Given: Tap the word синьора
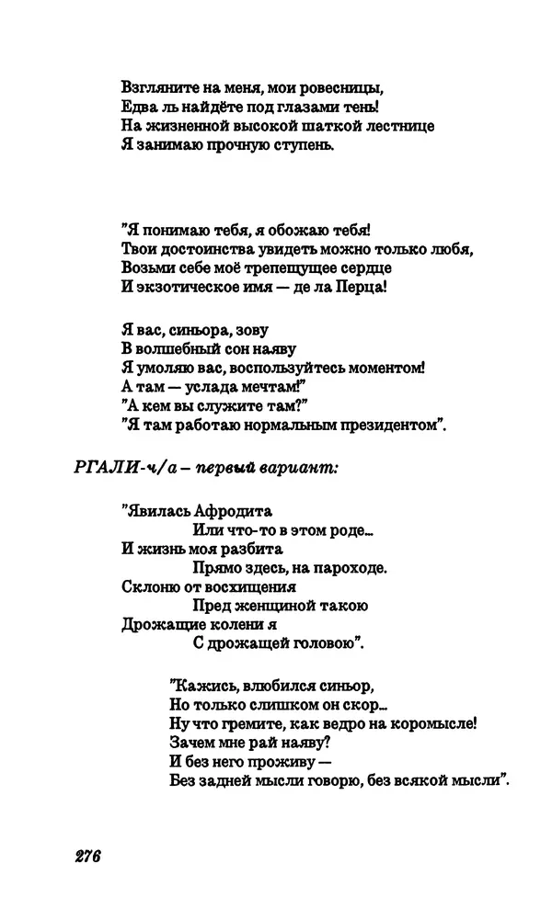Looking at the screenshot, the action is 194,330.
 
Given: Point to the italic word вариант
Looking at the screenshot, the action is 303,468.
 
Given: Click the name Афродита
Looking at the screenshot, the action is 230,511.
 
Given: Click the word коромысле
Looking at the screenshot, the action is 431,723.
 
